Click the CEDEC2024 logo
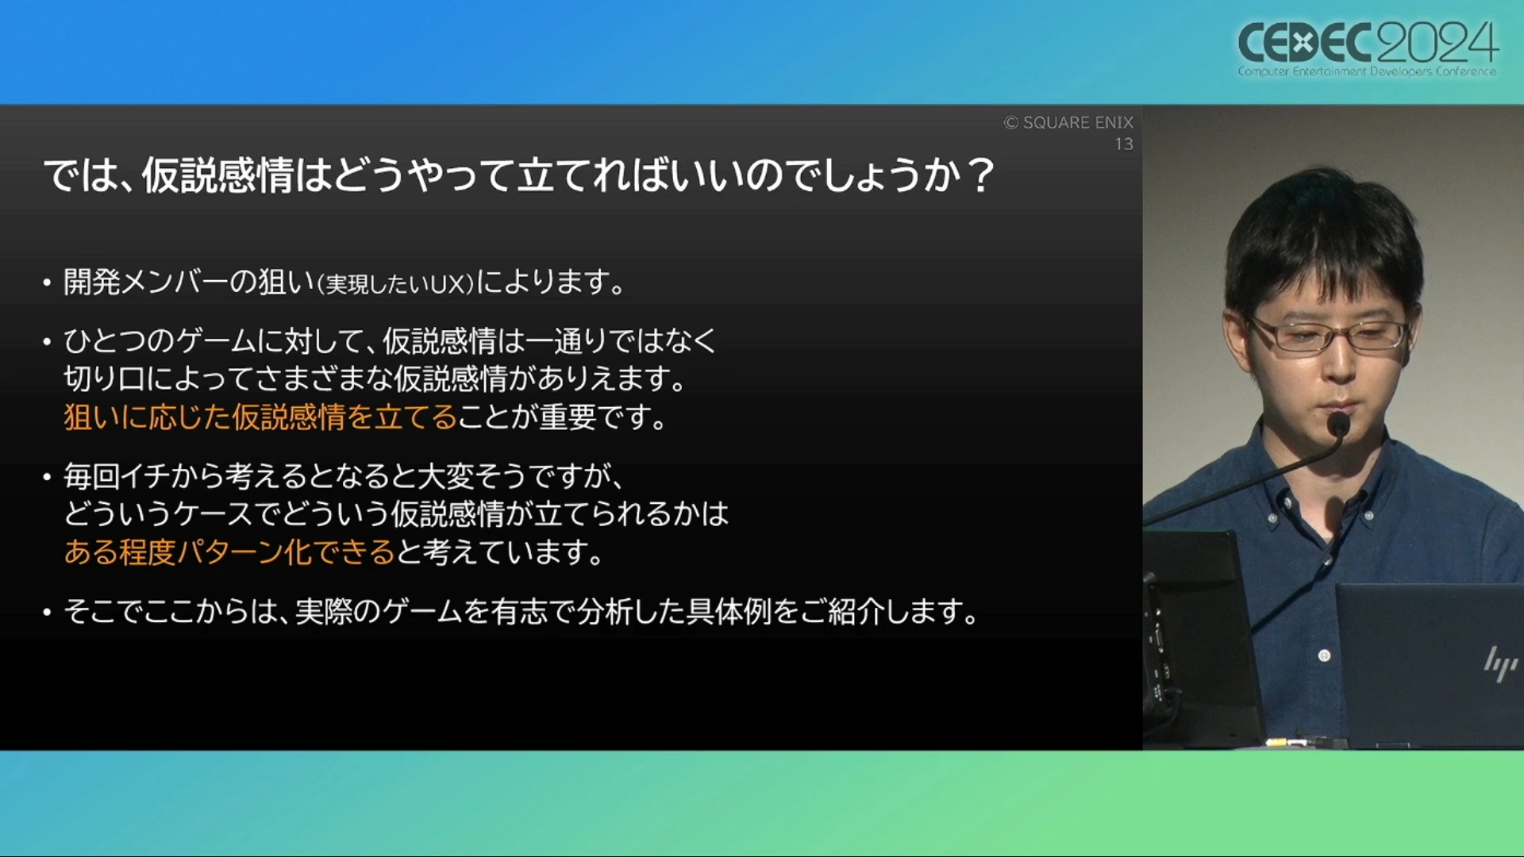click(x=1368, y=47)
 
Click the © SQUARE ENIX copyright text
click(x=1068, y=122)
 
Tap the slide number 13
click(x=1124, y=144)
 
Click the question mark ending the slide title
click(x=981, y=175)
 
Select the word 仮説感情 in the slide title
click(x=218, y=175)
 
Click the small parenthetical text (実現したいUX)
click(x=395, y=284)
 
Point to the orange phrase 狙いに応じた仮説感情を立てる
click(x=260, y=417)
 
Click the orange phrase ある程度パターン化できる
click(x=229, y=551)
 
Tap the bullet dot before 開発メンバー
click(x=48, y=282)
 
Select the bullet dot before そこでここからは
click(x=48, y=612)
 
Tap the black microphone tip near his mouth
click(x=1338, y=425)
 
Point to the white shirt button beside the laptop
click(x=1324, y=655)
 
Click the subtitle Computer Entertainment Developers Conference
click(x=1367, y=71)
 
